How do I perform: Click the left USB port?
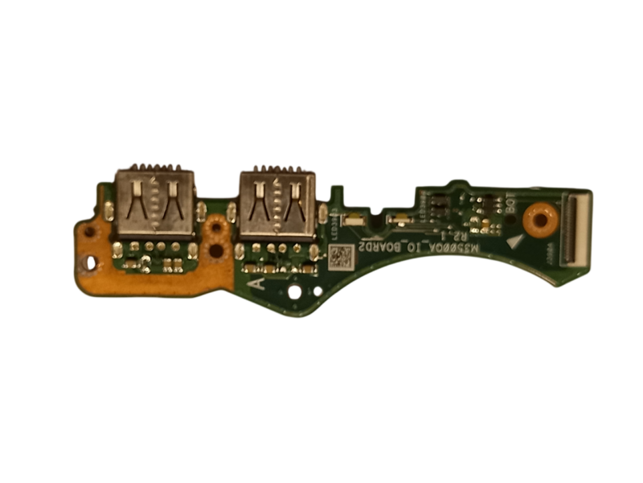155,203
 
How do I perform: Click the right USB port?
277,204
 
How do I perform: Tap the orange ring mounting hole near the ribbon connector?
539,218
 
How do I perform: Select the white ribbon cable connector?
578,228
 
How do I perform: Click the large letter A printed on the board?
256,283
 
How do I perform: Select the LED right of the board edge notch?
395,218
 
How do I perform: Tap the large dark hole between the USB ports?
215,250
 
